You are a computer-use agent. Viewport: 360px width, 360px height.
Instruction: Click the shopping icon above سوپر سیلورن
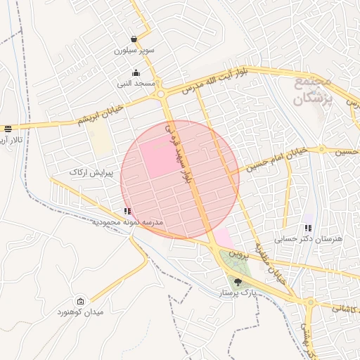[134, 39]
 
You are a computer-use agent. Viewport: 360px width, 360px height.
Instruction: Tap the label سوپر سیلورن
[135, 51]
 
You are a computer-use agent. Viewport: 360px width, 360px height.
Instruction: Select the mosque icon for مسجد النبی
[136, 72]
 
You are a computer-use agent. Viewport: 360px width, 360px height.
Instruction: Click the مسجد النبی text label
[136, 83]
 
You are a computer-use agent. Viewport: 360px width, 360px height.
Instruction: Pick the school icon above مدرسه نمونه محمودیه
[127, 211]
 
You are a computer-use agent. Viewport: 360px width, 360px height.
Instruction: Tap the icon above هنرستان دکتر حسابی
[307, 228]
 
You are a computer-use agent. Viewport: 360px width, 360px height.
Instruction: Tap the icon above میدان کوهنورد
[79, 301]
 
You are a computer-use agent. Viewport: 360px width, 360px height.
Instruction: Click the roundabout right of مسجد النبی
[161, 93]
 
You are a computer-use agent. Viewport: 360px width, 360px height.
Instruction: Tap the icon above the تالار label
[8, 129]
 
